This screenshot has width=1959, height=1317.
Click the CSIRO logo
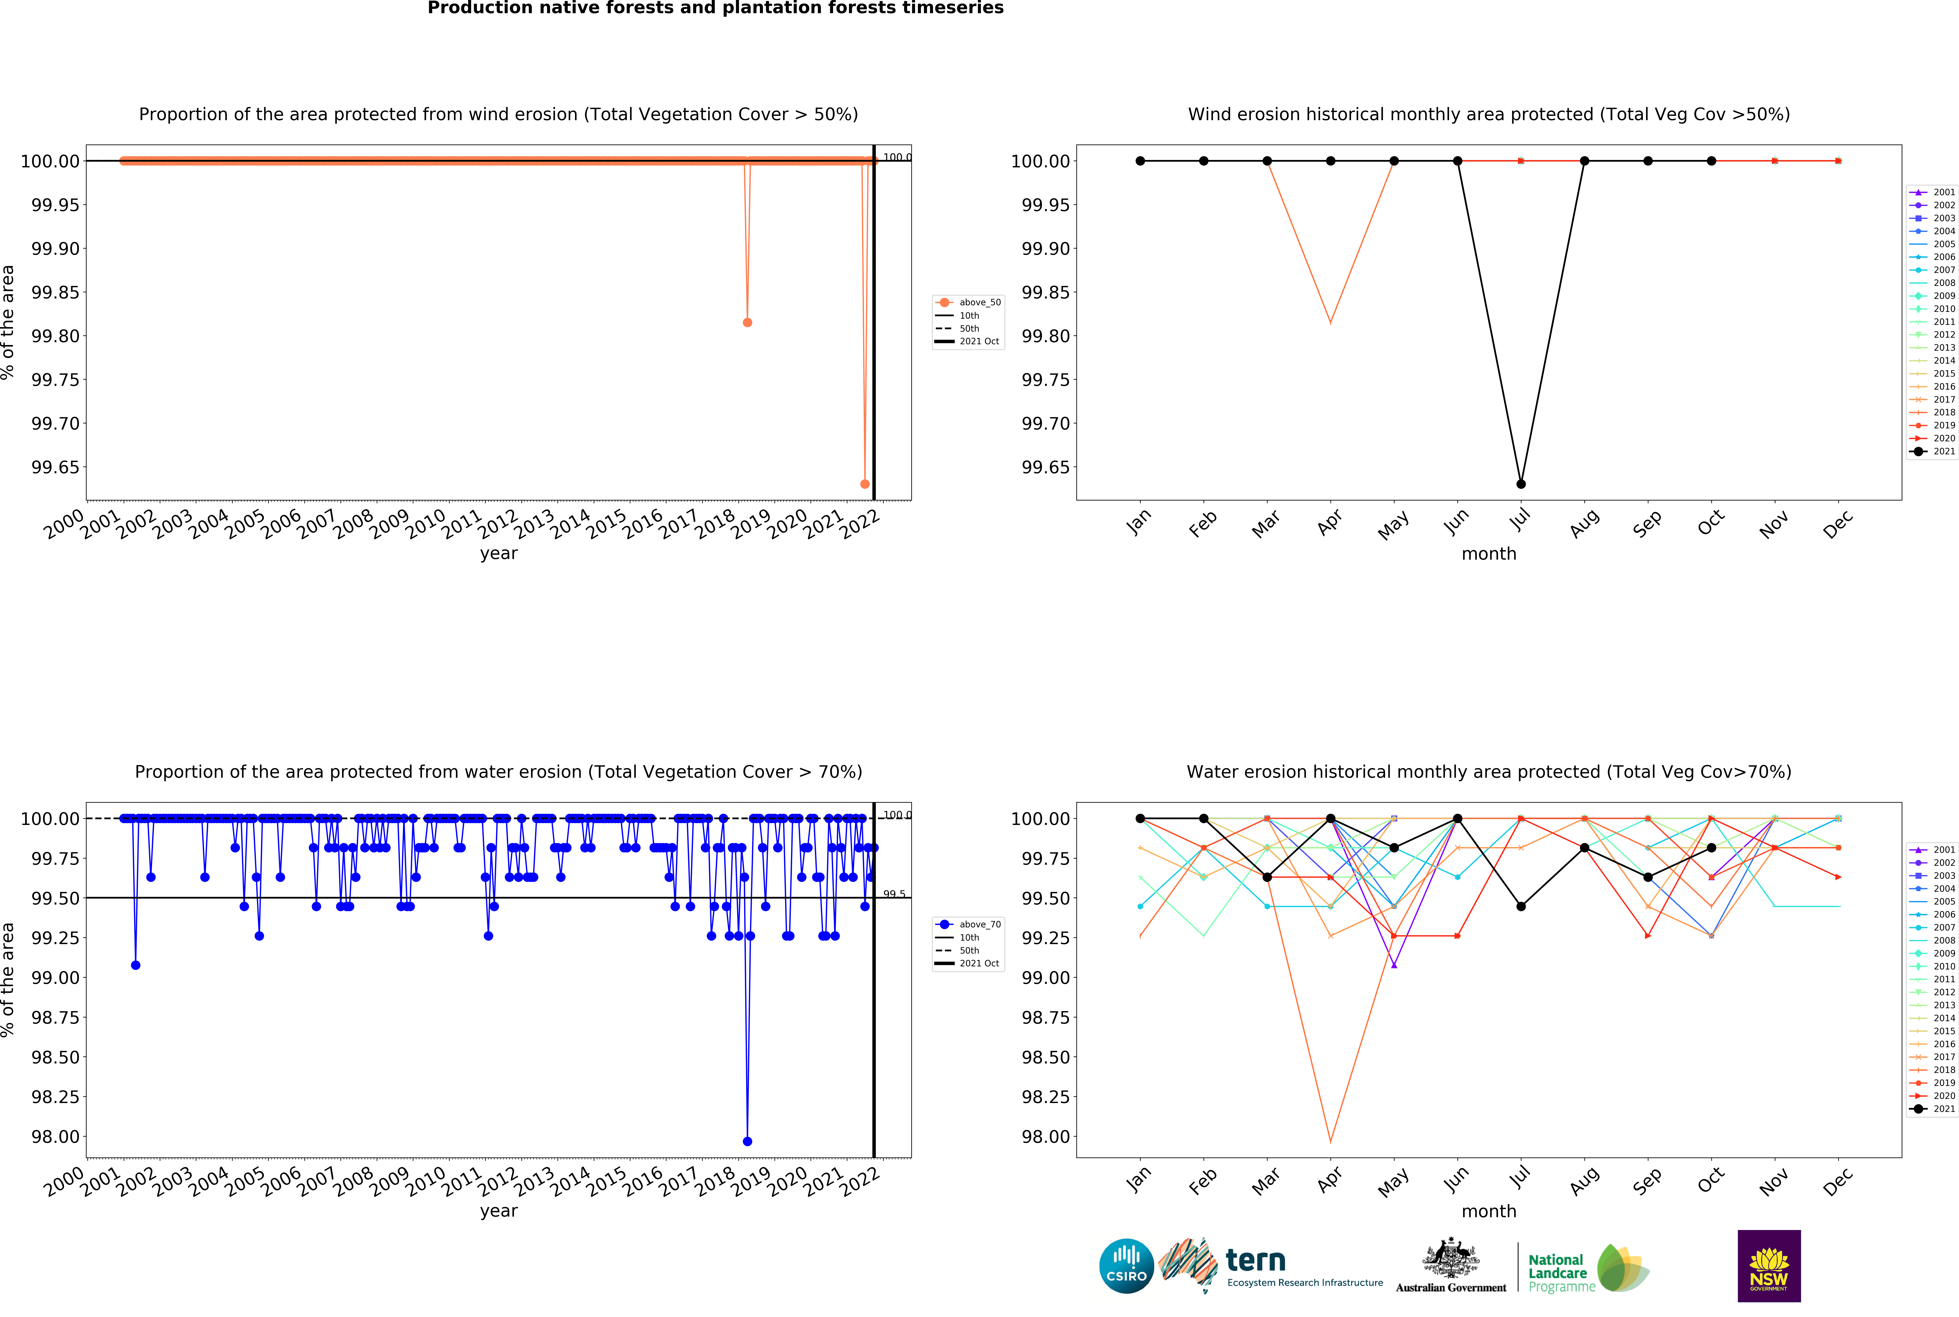[1126, 1266]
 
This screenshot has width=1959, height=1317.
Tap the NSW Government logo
[1768, 1266]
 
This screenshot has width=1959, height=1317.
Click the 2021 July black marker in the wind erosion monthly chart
[1521, 484]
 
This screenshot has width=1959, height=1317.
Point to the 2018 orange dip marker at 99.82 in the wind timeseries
[747, 323]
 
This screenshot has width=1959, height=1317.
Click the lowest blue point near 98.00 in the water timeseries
[747, 1141]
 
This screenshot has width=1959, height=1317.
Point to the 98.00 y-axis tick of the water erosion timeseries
[55, 1136]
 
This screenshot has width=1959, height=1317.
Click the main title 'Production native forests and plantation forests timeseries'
[716, 8]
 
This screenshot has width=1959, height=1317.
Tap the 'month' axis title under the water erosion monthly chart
[1489, 1211]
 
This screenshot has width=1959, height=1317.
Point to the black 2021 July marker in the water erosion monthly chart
[1521, 906]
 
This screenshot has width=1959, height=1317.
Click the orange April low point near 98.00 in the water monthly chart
[1330, 1141]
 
